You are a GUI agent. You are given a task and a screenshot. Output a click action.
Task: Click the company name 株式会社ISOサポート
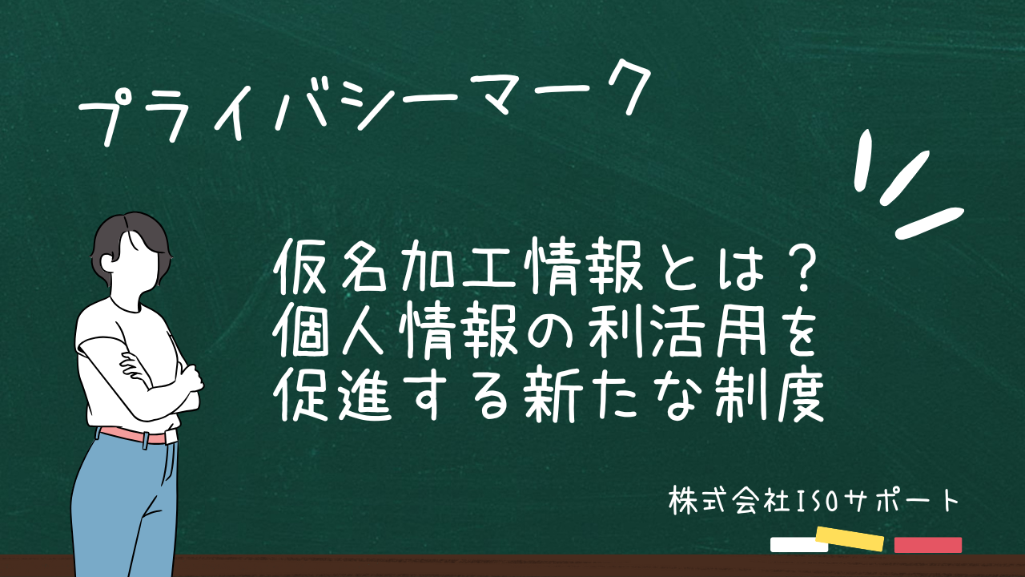813,501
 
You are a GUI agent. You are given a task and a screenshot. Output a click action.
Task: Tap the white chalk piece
798,545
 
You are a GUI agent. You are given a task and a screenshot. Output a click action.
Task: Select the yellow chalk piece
849,539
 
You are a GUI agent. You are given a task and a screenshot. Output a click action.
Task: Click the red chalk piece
927,545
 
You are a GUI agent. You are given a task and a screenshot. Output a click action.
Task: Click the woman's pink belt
132,436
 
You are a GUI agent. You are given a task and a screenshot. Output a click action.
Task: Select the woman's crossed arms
160,377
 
